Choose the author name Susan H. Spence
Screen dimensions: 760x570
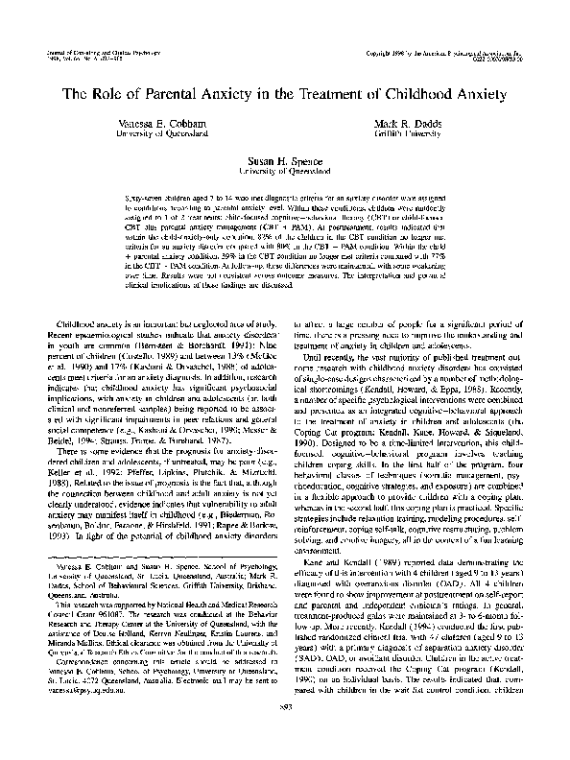pos(284,164)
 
